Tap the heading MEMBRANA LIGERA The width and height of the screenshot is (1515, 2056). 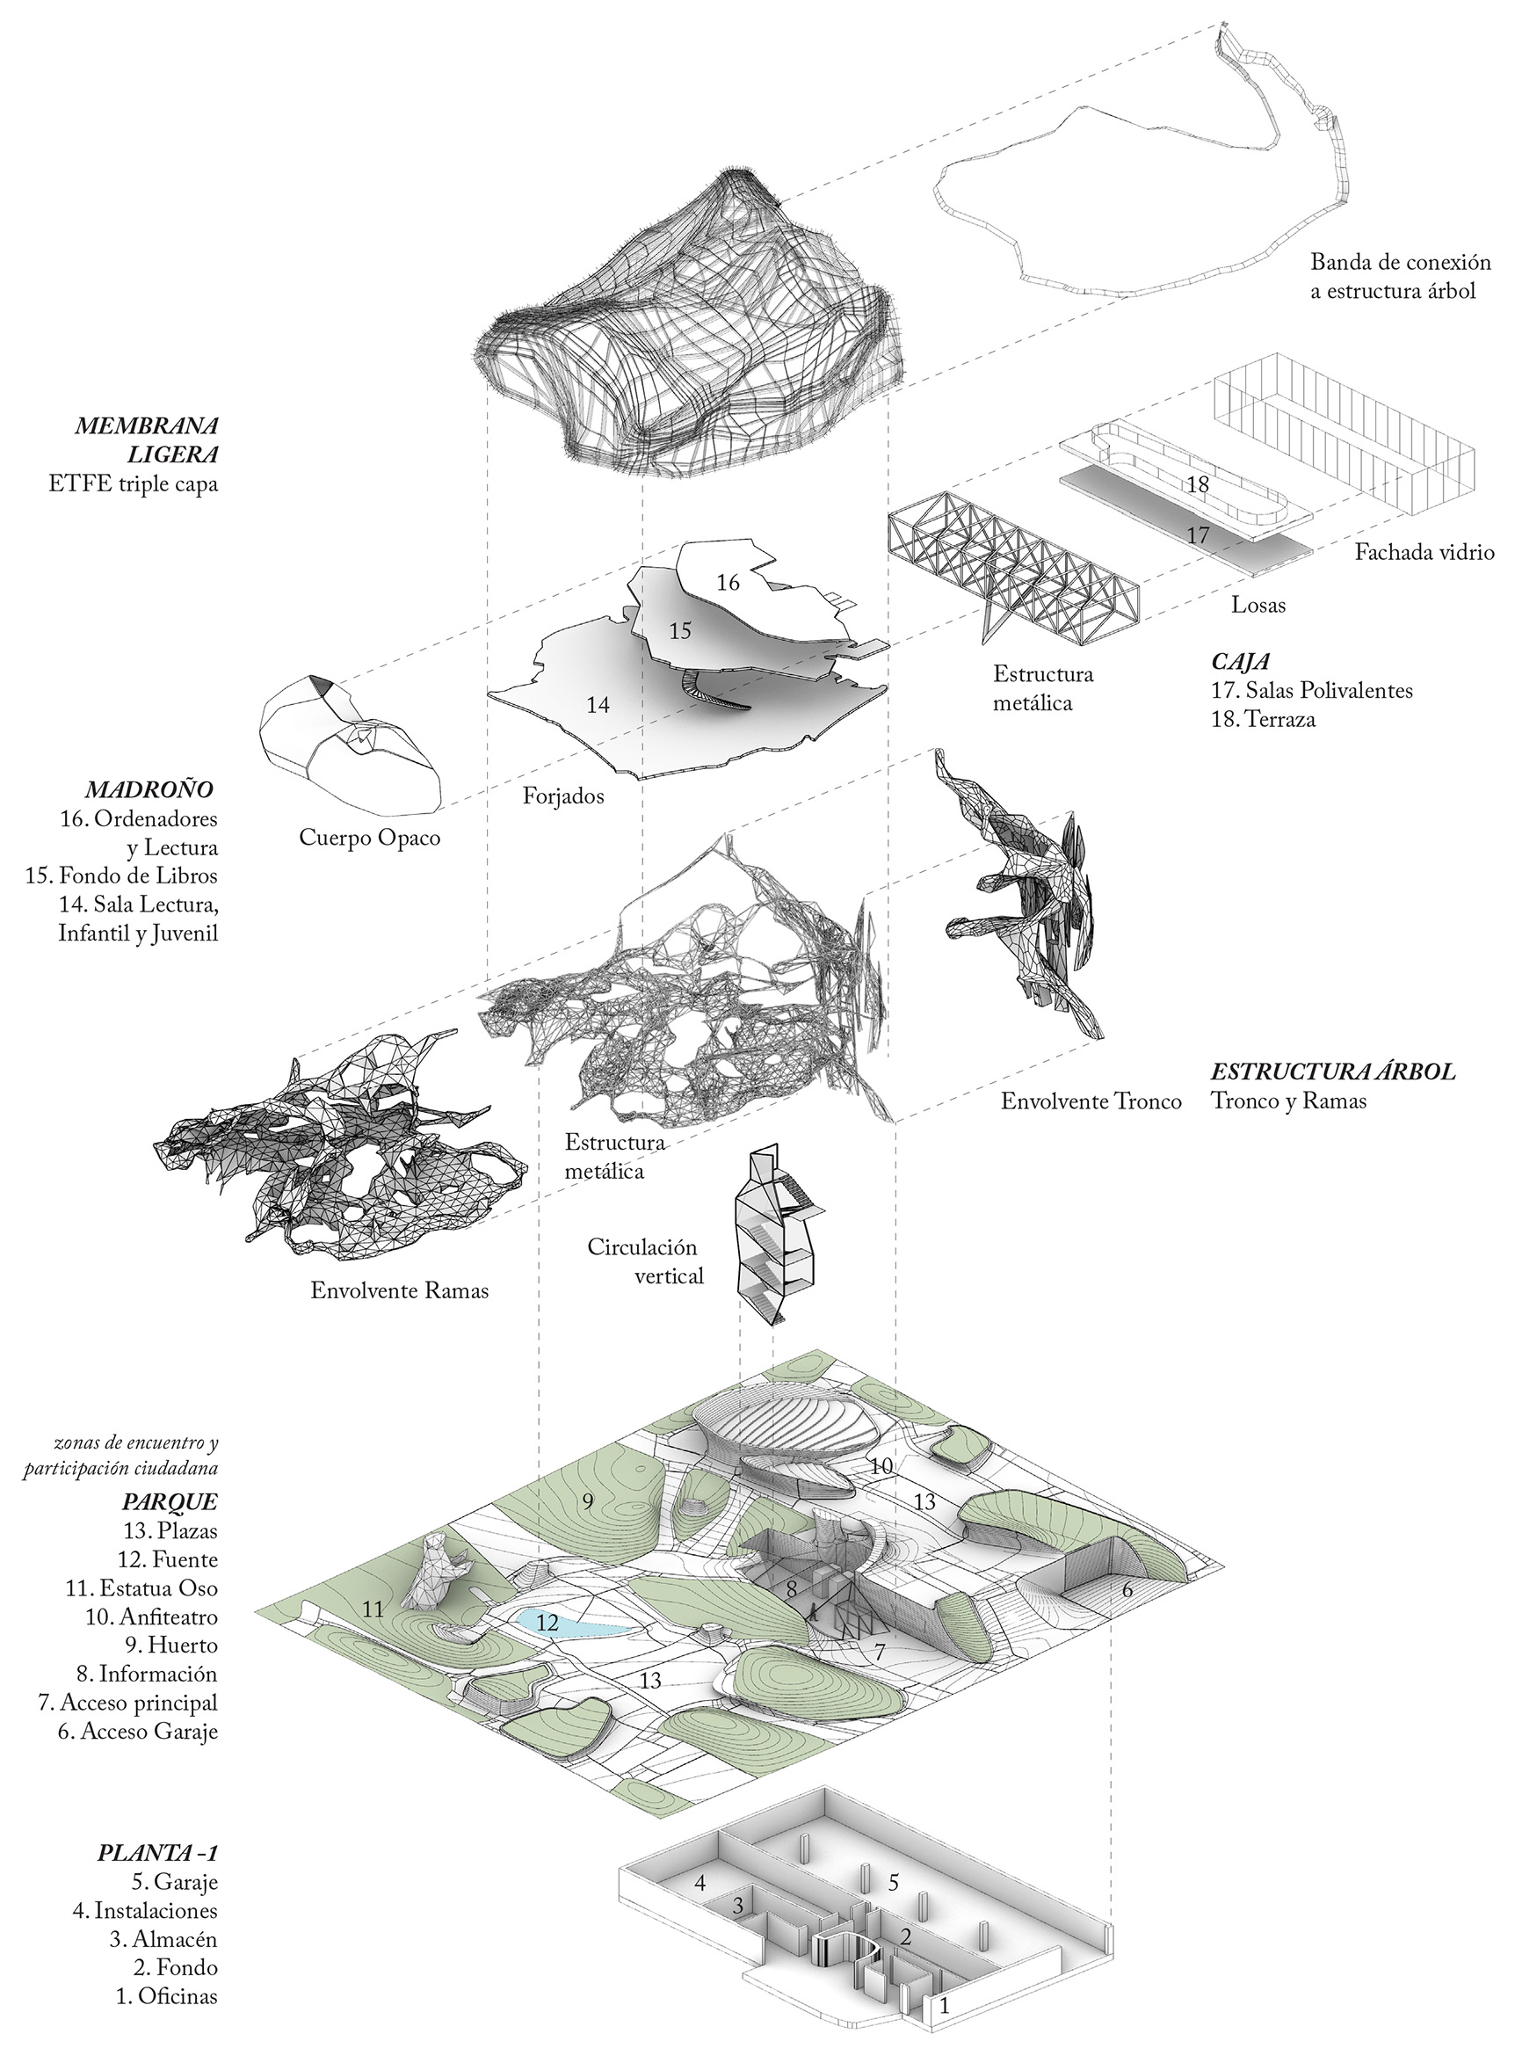click(148, 440)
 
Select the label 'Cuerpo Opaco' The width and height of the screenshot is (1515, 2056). click(370, 838)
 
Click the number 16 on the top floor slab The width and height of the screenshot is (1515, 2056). click(729, 583)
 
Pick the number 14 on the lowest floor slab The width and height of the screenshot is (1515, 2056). click(598, 705)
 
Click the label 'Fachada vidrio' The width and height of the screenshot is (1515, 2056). click(1425, 552)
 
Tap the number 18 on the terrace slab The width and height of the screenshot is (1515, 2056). click(1198, 484)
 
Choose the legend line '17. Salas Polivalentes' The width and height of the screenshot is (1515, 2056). click(1312, 690)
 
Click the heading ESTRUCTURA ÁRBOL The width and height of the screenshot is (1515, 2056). click(1333, 1072)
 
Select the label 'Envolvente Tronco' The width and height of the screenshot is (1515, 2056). click(1091, 1101)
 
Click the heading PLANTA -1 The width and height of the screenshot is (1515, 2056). click(157, 1852)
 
